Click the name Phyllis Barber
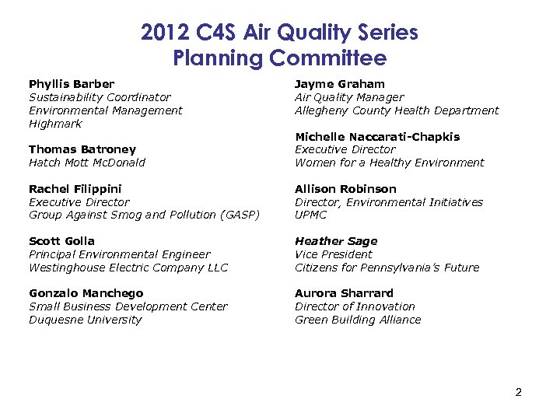tap(72, 84)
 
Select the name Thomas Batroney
tap(82, 149)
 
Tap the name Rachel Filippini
tap(75, 189)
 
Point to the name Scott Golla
tap(61, 241)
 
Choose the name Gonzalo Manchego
tap(86, 293)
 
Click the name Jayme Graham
tap(340, 84)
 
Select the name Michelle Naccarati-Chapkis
tap(377, 137)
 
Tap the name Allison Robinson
tap(345, 189)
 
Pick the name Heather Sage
tap(335, 241)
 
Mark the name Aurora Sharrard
tap(344, 293)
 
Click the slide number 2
tap(518, 392)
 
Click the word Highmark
tap(55, 124)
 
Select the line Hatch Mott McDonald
tap(87, 163)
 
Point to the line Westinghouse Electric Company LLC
tap(128, 268)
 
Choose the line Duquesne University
tap(86, 320)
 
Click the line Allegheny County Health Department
tap(397, 110)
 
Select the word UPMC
tap(311, 215)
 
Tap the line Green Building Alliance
tap(358, 320)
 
